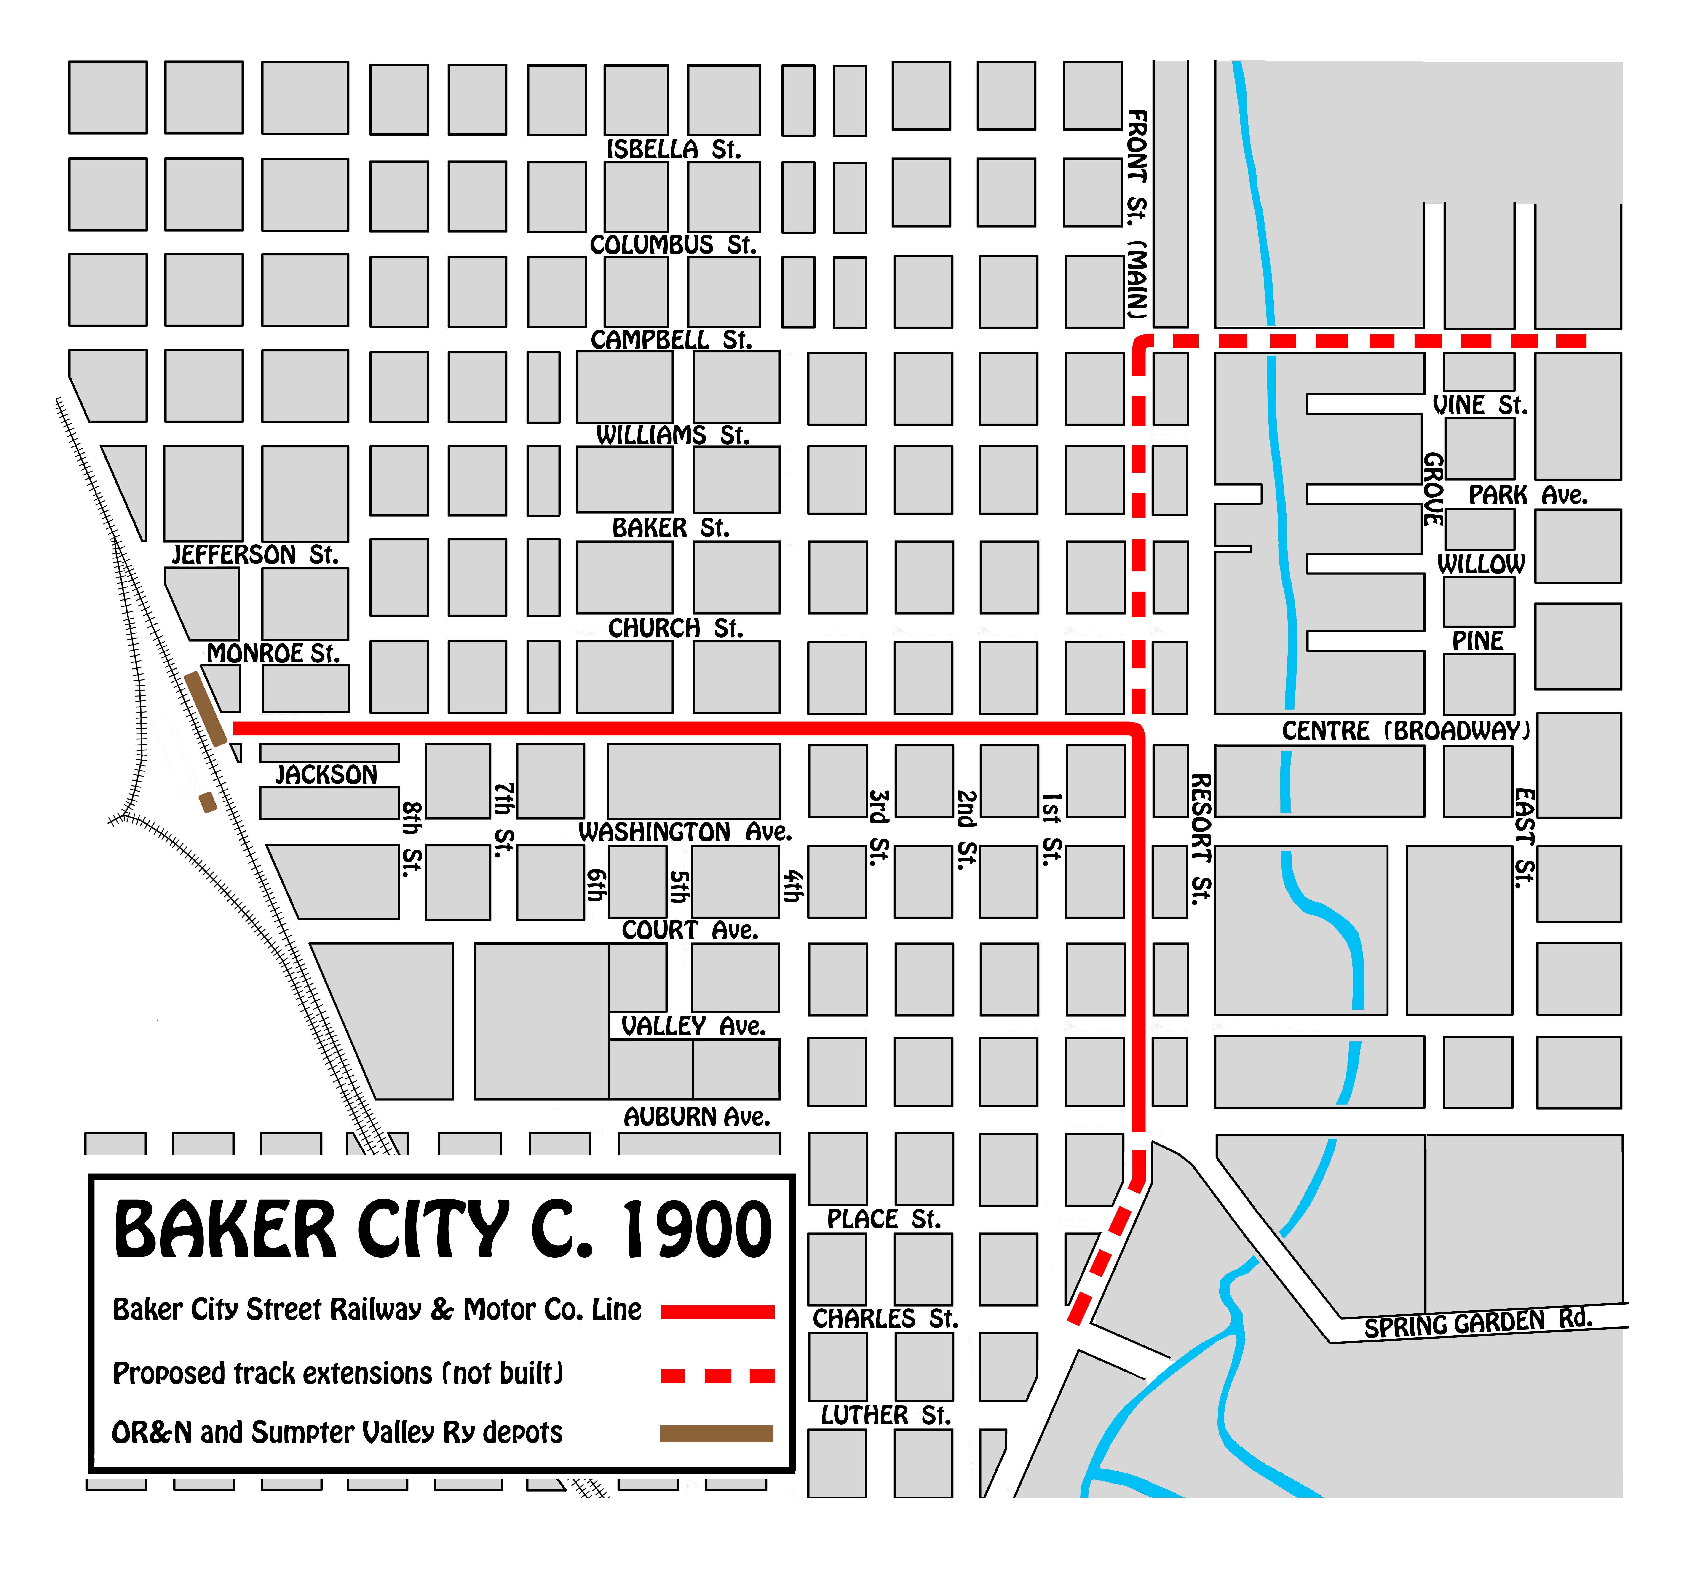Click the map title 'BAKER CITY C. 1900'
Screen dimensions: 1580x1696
tap(442, 1230)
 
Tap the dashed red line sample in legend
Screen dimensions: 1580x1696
tap(717, 1375)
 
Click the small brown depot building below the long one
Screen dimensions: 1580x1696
tap(207, 802)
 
